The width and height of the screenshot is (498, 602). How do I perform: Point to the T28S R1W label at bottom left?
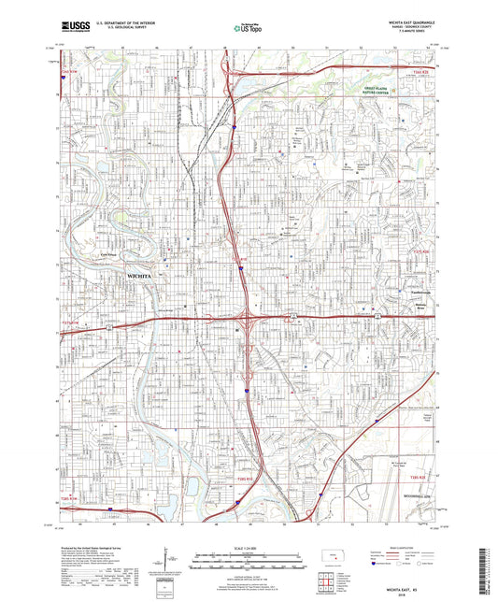(x=71, y=501)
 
